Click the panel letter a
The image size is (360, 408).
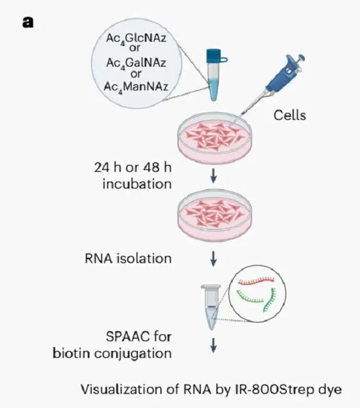pyautogui.click(x=28, y=22)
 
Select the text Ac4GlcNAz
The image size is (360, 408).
pyautogui.click(x=136, y=38)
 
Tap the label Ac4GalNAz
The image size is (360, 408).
pyautogui.click(x=136, y=64)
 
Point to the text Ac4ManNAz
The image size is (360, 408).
pyautogui.click(x=136, y=87)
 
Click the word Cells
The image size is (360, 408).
pyautogui.click(x=289, y=115)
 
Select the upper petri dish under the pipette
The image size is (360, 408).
pyautogui.click(x=214, y=138)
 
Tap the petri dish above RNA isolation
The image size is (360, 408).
pyautogui.click(x=214, y=215)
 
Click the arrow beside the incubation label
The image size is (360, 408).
pyautogui.click(x=214, y=176)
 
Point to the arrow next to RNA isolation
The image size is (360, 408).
pyautogui.click(x=214, y=259)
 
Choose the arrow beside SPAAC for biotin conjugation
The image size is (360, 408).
pyautogui.click(x=214, y=345)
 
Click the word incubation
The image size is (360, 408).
pyautogui.click(x=137, y=184)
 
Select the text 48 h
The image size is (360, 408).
pyautogui.click(x=157, y=167)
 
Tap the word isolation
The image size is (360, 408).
pyautogui.click(x=144, y=259)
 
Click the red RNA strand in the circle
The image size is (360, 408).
pyautogui.click(x=256, y=280)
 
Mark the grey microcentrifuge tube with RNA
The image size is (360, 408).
pyautogui.click(x=210, y=307)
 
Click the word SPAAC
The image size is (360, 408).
pyautogui.click(x=128, y=337)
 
